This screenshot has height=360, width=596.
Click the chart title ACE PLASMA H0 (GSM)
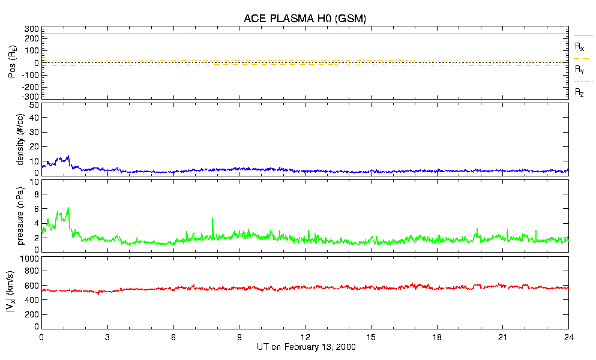click(x=305, y=19)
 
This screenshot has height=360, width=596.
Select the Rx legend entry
click(x=579, y=46)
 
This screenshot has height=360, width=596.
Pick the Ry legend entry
click(x=579, y=70)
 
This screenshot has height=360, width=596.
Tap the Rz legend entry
click(x=579, y=92)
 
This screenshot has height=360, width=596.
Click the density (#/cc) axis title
click(x=20, y=139)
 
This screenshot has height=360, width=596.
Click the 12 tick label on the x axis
click(x=305, y=337)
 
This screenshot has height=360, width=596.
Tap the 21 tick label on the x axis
click(x=502, y=337)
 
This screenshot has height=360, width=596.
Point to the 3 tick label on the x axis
click(x=107, y=337)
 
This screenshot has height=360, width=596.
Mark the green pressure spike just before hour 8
click(x=212, y=220)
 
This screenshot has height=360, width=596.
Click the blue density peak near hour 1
click(x=68, y=157)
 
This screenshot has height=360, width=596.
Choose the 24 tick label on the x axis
click(x=568, y=337)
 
